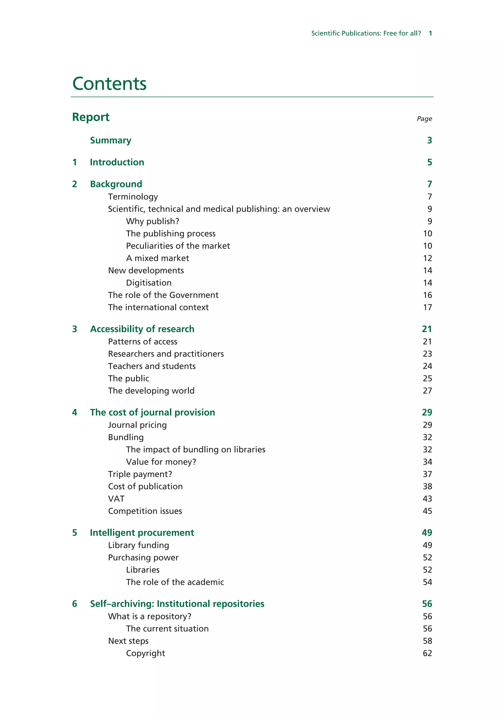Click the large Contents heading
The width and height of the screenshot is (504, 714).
click(x=109, y=84)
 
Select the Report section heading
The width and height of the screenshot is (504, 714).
click(x=91, y=117)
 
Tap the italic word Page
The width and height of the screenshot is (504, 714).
click(x=424, y=119)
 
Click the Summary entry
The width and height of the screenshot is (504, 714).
click(x=110, y=141)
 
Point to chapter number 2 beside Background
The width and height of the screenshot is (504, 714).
click(x=75, y=184)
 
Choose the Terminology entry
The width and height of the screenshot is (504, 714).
click(x=133, y=197)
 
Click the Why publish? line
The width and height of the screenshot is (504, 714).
click(x=153, y=221)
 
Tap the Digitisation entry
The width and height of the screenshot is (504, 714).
click(x=149, y=283)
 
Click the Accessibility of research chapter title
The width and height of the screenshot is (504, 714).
click(x=142, y=329)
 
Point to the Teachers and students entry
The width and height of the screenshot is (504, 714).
click(x=152, y=366)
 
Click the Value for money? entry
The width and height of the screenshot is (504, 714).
click(x=161, y=462)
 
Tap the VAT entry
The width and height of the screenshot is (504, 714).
click(x=116, y=499)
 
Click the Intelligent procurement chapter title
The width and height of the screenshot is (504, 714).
click(x=142, y=533)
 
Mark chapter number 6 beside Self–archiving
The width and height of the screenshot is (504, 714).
click(x=75, y=604)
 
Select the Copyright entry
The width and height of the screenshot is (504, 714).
click(x=145, y=653)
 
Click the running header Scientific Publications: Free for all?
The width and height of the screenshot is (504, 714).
click(x=366, y=33)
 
